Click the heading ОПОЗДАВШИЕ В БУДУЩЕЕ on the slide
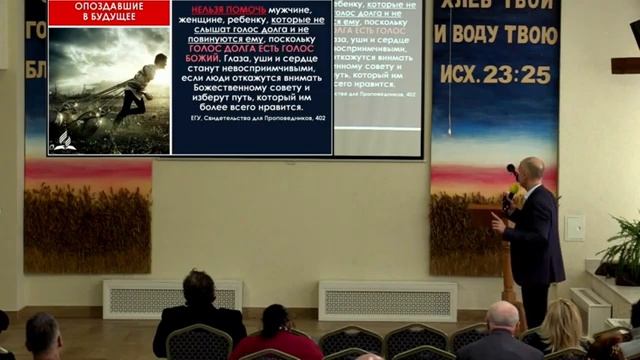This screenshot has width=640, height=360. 108,12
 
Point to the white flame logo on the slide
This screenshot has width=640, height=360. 65,140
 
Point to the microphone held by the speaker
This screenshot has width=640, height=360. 512,173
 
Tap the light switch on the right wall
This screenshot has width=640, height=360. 574,228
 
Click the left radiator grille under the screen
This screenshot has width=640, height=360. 172,298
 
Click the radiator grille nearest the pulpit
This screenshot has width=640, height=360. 387,300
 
